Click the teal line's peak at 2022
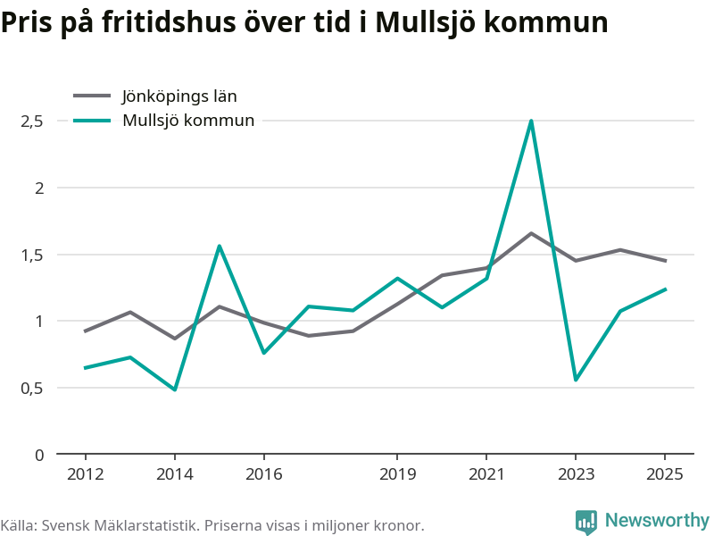[531, 121]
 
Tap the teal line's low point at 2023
[576, 380]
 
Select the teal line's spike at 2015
[220, 247]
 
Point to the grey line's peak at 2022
[531, 233]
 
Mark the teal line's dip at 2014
[175, 389]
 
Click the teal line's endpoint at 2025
[665, 289]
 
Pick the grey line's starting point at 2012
[85, 331]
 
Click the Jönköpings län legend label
[179, 96]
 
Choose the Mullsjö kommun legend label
[188, 121]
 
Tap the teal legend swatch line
[92, 121]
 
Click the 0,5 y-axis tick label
[32, 389]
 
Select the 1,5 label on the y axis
[32, 255]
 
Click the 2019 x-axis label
[397, 474]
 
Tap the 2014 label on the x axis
[175, 474]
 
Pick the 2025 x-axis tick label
[665, 474]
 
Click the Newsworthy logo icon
[586, 522]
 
